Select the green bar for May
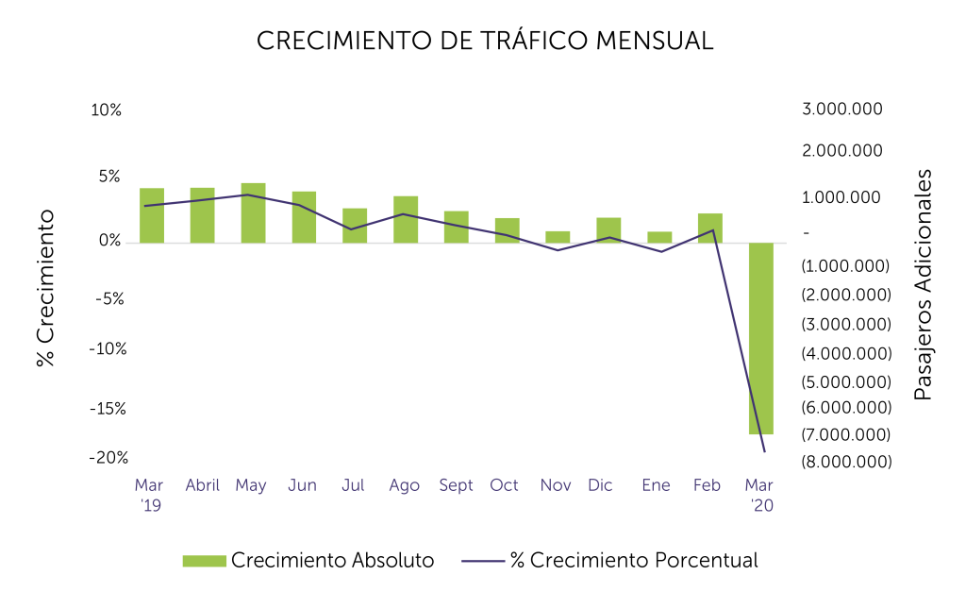(x=253, y=212)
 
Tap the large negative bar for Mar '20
(x=761, y=337)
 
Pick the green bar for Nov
(x=558, y=237)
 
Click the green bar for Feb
(x=710, y=228)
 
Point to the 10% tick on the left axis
(x=107, y=110)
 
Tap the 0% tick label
(x=110, y=242)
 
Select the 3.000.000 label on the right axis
(x=842, y=110)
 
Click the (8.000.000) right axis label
(x=845, y=462)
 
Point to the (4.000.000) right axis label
(x=845, y=353)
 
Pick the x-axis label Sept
(x=457, y=485)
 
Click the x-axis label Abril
(x=202, y=485)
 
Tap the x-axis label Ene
(x=656, y=485)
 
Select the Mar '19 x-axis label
(x=149, y=495)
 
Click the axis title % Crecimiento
(x=45, y=288)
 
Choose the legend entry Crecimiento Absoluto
(x=308, y=560)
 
